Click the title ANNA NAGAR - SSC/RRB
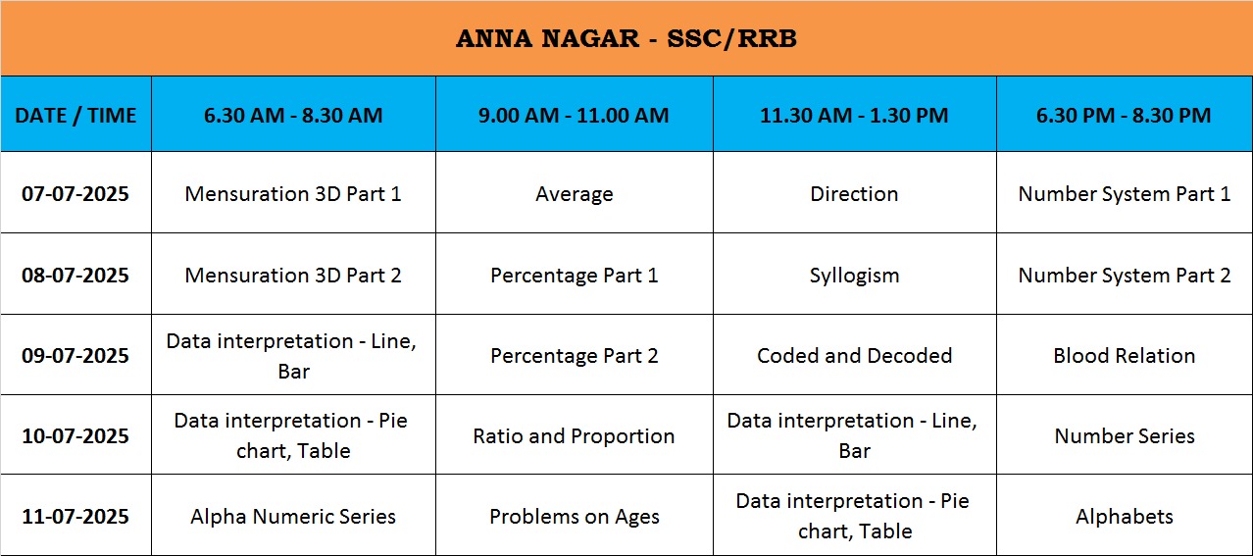(x=626, y=38)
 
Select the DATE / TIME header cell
(x=75, y=116)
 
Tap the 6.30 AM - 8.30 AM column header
(x=293, y=116)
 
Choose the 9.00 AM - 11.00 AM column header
(x=574, y=116)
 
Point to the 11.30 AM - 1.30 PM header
(x=854, y=116)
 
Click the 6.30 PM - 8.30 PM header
(x=1124, y=116)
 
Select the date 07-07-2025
(x=75, y=193)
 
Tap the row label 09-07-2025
(x=75, y=355)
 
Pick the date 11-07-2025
(x=75, y=516)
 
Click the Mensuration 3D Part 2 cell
(x=293, y=276)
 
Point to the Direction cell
(x=854, y=193)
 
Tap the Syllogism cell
(x=854, y=276)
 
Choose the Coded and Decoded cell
(x=854, y=355)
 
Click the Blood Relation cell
(x=1124, y=355)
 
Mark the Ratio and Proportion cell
(x=574, y=436)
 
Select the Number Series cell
(x=1125, y=435)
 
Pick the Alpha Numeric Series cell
(x=293, y=516)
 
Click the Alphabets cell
(x=1125, y=516)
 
